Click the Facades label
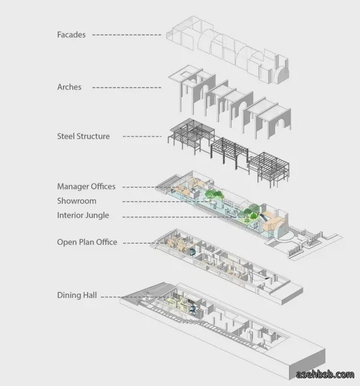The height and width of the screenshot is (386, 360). click(71, 35)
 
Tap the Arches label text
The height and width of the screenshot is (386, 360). click(69, 87)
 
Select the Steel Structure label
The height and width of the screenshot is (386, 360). click(83, 136)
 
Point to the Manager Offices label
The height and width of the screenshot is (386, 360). click(86, 186)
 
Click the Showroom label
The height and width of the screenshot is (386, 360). click(77, 201)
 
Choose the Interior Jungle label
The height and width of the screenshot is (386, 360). click(83, 216)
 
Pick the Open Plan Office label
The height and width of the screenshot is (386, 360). click(87, 242)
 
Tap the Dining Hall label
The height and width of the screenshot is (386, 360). click(77, 295)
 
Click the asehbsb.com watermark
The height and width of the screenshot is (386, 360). click(325, 375)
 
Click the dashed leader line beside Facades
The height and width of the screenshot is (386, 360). click(127, 35)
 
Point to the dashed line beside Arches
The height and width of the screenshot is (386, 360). click(127, 88)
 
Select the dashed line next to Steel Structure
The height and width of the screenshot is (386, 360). click(142, 136)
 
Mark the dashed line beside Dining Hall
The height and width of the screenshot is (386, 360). click(111, 297)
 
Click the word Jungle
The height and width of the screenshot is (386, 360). click(97, 216)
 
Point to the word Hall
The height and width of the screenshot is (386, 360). click(90, 295)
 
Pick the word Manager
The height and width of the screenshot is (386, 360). click(73, 186)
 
